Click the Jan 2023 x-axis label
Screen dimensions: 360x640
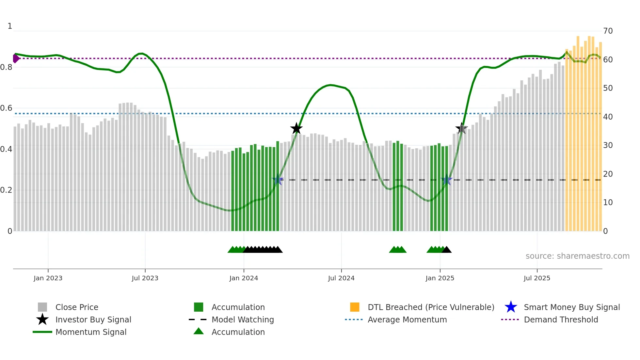coord(48,278)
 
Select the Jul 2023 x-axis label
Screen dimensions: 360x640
coord(145,278)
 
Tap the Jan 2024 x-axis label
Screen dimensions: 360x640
coord(244,278)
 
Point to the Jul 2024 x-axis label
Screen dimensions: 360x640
coord(341,278)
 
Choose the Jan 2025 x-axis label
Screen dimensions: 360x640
coord(440,278)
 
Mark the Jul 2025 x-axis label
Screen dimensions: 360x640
coord(537,278)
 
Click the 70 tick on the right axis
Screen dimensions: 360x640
coord(608,31)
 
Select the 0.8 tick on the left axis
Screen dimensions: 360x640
coord(7,67)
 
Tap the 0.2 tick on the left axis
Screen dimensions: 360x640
coord(7,190)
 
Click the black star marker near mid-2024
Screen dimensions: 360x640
coord(296,128)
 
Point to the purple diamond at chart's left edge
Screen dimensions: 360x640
coord(16,58)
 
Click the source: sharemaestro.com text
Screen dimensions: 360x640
coord(577,256)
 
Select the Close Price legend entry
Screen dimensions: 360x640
coord(77,307)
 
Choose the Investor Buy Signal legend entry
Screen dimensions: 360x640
coord(93,319)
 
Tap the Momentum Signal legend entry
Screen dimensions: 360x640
coord(91,332)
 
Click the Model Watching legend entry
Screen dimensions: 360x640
coord(243,319)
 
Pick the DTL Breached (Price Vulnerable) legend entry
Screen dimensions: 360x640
coord(431,307)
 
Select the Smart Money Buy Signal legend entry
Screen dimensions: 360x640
coord(571,307)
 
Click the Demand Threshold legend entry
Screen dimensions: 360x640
coord(561,319)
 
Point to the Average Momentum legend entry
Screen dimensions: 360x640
coord(407,319)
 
